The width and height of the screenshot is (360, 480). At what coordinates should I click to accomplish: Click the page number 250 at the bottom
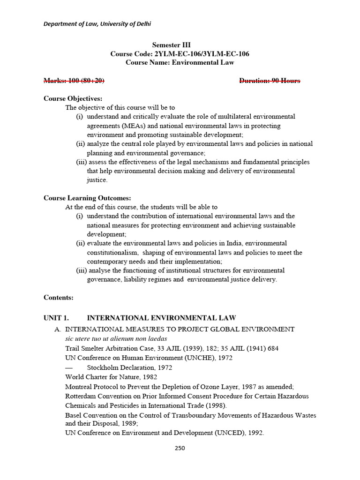pos(180,448)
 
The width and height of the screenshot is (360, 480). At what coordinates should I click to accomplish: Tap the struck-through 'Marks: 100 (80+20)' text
pos(74,81)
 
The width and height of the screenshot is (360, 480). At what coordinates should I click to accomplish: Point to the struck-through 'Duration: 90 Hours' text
pos(270,81)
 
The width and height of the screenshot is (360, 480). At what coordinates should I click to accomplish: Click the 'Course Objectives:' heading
pos(73,98)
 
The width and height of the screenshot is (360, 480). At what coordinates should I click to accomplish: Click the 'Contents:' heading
pos(59,297)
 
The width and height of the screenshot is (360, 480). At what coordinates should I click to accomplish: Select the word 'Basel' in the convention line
pos(74,415)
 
